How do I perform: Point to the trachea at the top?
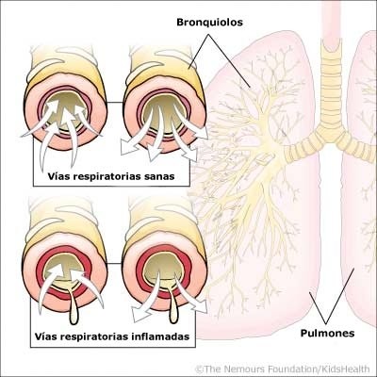pyautogui.click(x=330, y=38)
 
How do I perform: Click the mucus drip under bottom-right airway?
pyautogui.click(x=172, y=306)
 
